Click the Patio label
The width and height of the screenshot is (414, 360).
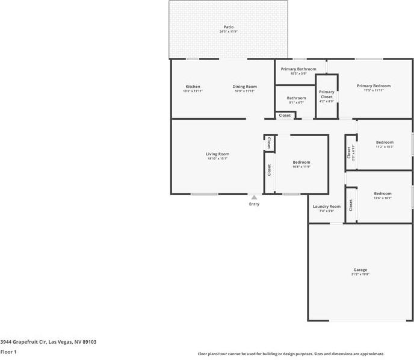(228, 27)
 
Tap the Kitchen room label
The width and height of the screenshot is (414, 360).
(193, 87)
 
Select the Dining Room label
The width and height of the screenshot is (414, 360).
(244, 87)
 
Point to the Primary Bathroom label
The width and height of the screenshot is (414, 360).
(298, 69)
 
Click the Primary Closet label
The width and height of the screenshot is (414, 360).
(326, 94)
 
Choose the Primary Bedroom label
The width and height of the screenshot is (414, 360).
(373, 86)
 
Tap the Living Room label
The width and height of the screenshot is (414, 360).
(217, 154)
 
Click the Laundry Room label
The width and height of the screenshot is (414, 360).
(326, 206)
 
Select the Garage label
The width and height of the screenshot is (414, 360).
(360, 270)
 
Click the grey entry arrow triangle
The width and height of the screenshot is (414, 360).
(254, 197)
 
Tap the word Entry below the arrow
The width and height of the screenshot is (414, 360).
(254, 204)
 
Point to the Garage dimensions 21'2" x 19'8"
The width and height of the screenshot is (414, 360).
(360, 275)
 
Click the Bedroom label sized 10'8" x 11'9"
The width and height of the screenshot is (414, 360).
(301, 163)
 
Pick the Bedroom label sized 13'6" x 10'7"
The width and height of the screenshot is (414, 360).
(383, 194)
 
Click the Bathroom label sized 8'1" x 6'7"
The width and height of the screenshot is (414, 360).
(296, 98)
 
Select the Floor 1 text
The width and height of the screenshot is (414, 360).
(8, 351)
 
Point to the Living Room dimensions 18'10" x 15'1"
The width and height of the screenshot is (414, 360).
(217, 159)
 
